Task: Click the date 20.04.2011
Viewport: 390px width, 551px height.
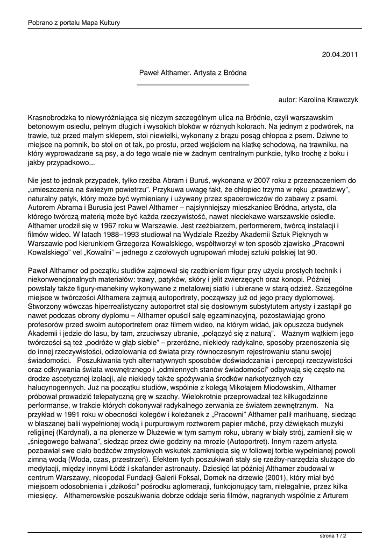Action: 339,54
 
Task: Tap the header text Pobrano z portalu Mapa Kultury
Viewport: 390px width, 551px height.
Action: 74,22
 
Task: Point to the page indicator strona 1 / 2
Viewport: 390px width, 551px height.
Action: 333,536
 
